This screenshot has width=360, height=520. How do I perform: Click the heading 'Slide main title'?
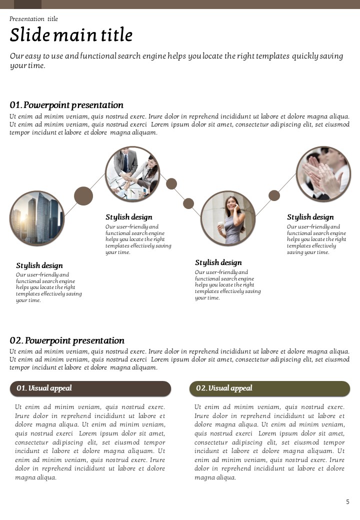click(x=71, y=35)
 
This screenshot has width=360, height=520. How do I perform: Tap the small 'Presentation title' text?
click(x=33, y=19)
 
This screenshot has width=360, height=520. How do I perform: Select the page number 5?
click(x=347, y=502)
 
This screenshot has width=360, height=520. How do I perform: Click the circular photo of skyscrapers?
click(x=37, y=218)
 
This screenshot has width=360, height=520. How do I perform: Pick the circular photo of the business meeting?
click(x=132, y=174)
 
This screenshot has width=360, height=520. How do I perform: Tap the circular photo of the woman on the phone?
click(x=228, y=218)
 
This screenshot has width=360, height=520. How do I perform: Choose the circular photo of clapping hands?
click(x=323, y=174)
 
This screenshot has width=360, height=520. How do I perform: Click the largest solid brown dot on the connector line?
click(x=83, y=196)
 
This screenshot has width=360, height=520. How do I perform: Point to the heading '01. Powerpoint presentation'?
click(x=66, y=105)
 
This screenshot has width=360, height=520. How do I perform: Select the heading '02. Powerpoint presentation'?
click(x=67, y=340)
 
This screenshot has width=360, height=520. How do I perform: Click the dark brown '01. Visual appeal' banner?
click(x=90, y=388)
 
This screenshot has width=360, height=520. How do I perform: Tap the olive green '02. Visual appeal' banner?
click(x=269, y=388)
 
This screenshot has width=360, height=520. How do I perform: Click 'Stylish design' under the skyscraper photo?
click(x=39, y=265)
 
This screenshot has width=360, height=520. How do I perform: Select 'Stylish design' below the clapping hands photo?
click(x=310, y=217)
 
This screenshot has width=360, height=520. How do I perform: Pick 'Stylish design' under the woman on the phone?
click(x=218, y=262)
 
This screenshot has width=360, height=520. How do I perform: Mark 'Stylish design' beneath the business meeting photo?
click(x=128, y=217)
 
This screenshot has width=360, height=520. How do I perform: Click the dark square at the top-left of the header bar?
click(x=27, y=4)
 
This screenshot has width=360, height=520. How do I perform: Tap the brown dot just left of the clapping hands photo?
click(x=274, y=195)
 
